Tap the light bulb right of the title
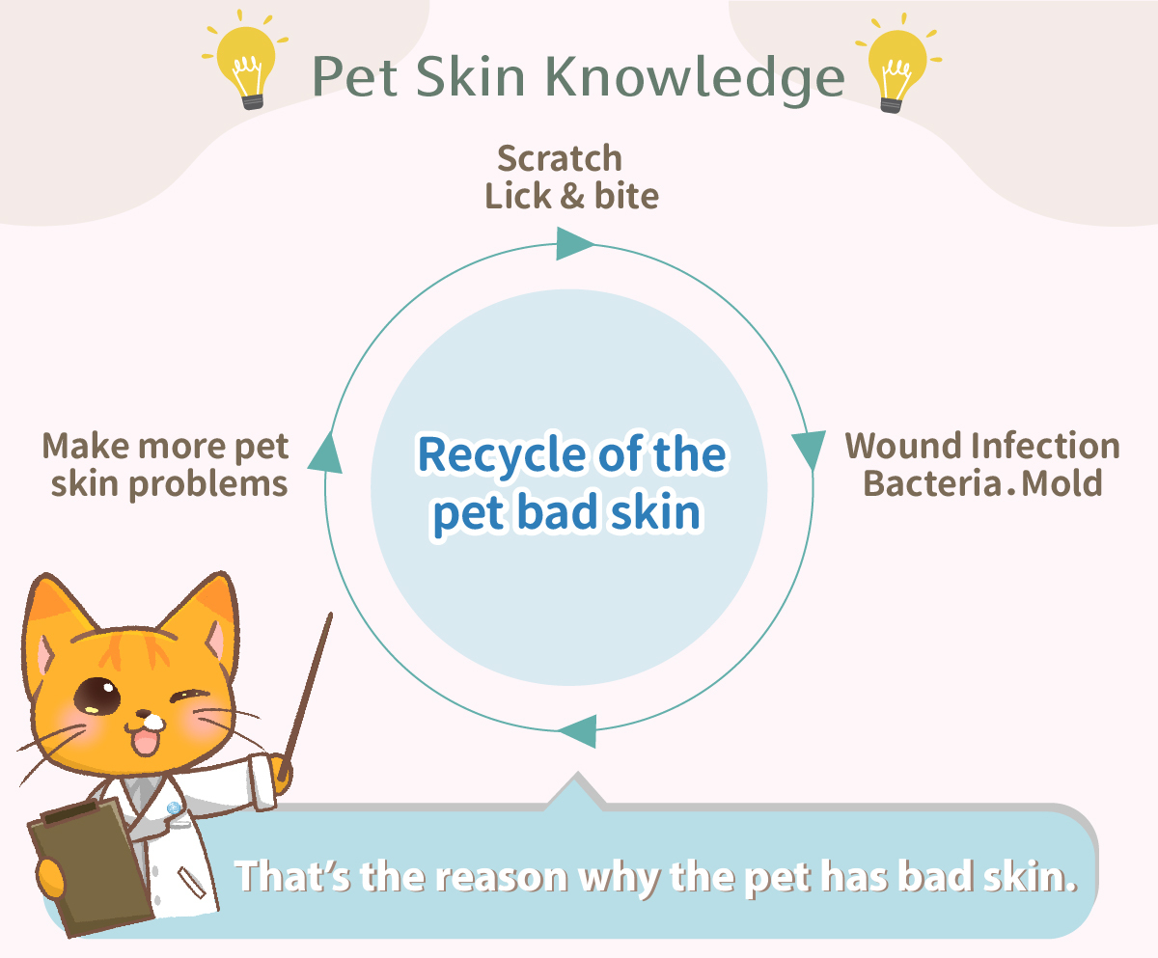tap(897, 64)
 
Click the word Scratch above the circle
tap(560, 158)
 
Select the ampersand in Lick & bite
tap(572, 196)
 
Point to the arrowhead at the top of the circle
tap(574, 243)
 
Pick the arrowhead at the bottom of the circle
tap(578, 731)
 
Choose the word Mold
tap(1061, 483)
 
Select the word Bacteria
tap(932, 483)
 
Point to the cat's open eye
tap(97, 697)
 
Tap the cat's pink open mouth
tap(145, 742)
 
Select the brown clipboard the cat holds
tap(89, 866)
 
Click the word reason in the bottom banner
tap(501, 878)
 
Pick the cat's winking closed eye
tap(190, 696)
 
